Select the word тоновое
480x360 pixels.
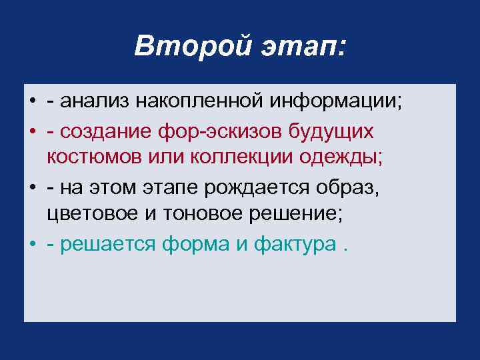[x=199, y=216]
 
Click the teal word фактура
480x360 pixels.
[x=294, y=245]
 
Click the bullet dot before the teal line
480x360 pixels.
[x=32, y=245]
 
